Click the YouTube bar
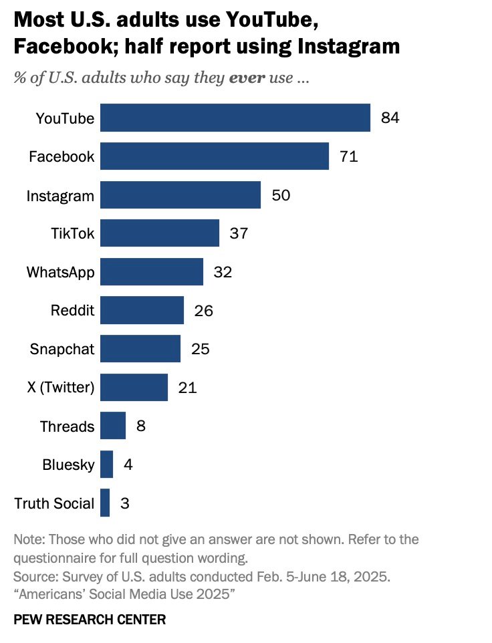click(235, 118)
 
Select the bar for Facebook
click(214, 156)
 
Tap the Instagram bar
click(180, 195)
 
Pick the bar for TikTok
click(159, 233)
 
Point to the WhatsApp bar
click(151, 272)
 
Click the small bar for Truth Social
click(105, 503)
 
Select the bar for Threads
click(112, 426)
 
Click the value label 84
click(390, 118)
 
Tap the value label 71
click(348, 157)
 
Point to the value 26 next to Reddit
click(203, 311)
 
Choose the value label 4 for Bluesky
click(128, 465)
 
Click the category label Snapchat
click(62, 349)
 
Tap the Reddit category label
click(72, 311)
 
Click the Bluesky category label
click(68, 465)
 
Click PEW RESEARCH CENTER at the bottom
click(90, 620)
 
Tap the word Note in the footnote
click(27, 539)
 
